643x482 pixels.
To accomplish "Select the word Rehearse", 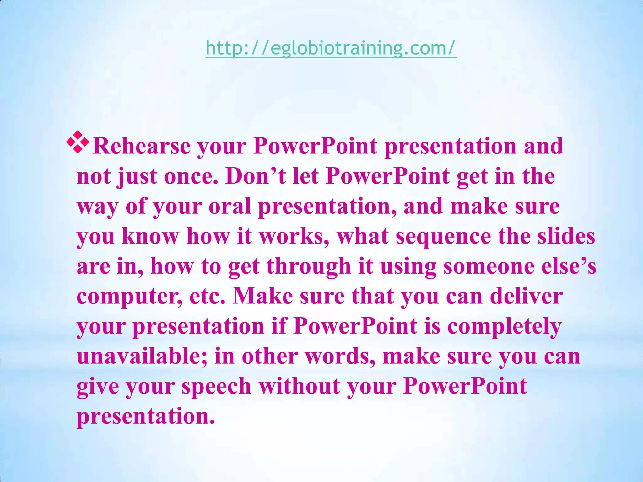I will click(x=142, y=146).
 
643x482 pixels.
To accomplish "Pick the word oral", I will click(x=230, y=206).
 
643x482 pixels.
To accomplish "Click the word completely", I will click(x=504, y=327).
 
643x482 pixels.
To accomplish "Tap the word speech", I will click(x=216, y=386).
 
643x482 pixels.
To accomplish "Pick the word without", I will click(x=299, y=386).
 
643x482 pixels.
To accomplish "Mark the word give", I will click(x=98, y=386).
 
